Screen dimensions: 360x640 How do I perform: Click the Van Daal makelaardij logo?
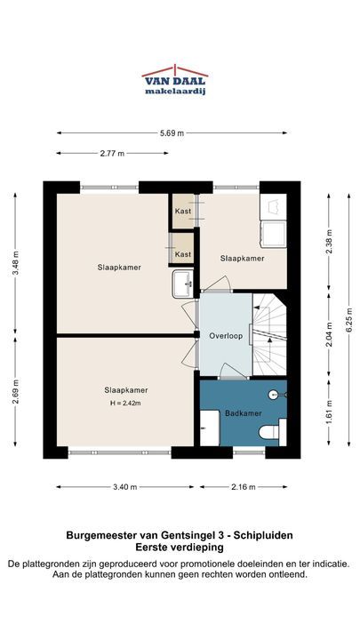coord(175,80)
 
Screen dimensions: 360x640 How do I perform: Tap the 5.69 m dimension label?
coord(172,132)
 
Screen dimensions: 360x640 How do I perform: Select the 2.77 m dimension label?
coord(112,154)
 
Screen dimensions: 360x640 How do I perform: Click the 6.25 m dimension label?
coord(349,320)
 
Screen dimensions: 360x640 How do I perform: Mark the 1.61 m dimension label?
coord(329,412)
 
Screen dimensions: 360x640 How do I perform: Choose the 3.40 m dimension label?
coord(125,487)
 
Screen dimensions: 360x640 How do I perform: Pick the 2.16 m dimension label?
coord(244,487)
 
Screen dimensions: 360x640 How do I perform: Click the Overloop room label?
coord(226,336)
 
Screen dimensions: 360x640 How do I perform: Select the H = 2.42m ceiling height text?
coord(125,404)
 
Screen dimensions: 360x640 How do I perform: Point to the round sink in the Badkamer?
coord(275,395)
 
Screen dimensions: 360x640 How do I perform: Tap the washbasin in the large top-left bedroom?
coord(183,284)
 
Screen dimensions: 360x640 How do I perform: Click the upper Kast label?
coord(183,211)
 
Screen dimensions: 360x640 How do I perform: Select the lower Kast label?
coord(183,254)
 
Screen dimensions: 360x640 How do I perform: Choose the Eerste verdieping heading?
coord(180,548)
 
